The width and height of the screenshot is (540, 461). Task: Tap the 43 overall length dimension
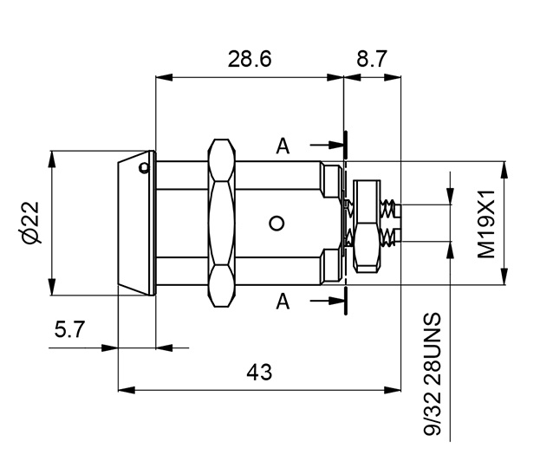[259, 373]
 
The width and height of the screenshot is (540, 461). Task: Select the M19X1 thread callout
[485, 224]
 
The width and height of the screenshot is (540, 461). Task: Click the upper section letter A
[283, 146]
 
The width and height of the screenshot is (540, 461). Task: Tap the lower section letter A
[283, 301]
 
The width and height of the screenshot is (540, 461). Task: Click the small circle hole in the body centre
[277, 224]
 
